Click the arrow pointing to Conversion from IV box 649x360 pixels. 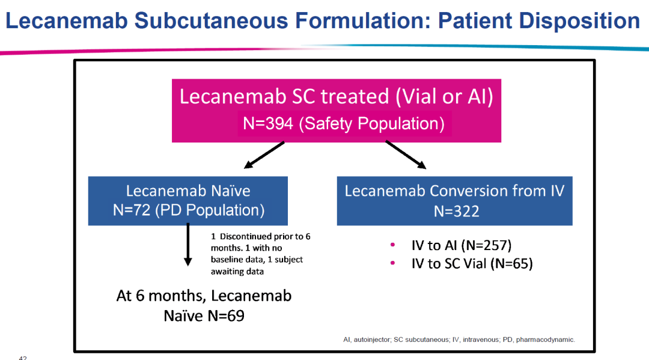[406, 155]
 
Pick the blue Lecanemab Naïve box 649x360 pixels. [187, 200]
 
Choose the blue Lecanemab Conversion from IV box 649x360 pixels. [454, 200]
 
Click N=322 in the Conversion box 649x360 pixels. [455, 210]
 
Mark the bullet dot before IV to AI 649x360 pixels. [393, 245]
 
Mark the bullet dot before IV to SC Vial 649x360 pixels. [393, 263]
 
